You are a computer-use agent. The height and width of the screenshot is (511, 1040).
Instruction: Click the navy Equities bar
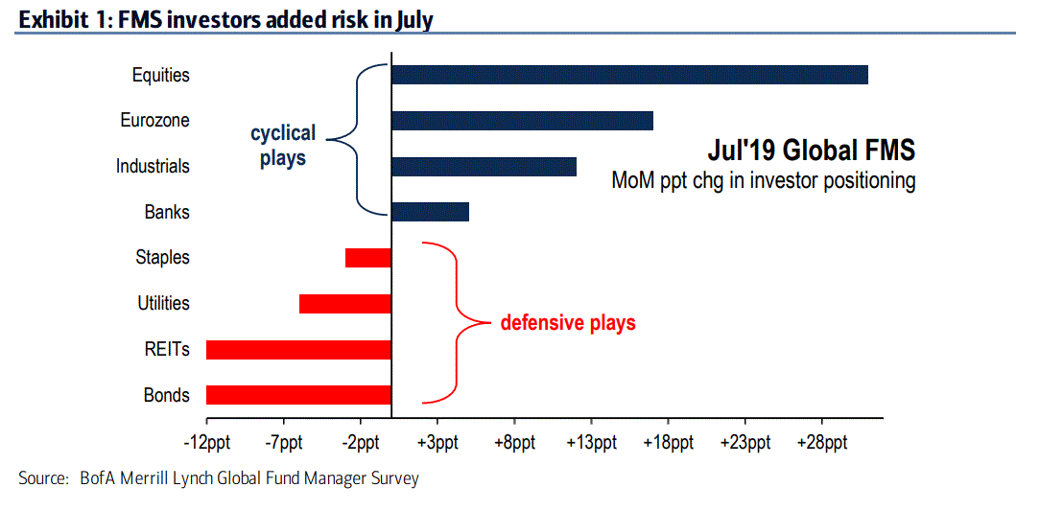pyautogui.click(x=629, y=75)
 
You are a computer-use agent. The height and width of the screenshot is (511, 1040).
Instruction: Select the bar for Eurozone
pyautogui.click(x=522, y=121)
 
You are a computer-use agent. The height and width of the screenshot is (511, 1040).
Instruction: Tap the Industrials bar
pyautogui.click(x=484, y=166)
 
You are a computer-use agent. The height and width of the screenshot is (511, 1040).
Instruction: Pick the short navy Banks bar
pyautogui.click(x=430, y=212)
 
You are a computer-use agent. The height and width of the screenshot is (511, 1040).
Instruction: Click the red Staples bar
pyautogui.click(x=368, y=257)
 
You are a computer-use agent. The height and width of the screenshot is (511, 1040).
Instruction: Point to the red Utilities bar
pyautogui.click(x=345, y=304)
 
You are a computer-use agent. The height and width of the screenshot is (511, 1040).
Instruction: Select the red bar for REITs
pyautogui.click(x=298, y=349)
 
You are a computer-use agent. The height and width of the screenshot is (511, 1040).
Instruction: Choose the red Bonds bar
pyautogui.click(x=298, y=395)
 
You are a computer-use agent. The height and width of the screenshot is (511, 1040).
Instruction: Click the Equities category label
pyautogui.click(x=161, y=75)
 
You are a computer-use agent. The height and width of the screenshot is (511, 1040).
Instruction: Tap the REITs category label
pyautogui.click(x=167, y=349)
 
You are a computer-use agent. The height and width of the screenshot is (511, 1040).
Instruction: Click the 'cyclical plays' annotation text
pyautogui.click(x=283, y=146)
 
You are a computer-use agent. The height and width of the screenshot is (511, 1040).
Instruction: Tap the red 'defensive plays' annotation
pyautogui.click(x=568, y=322)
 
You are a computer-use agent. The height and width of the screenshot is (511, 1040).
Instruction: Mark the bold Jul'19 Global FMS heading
pyautogui.click(x=811, y=151)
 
